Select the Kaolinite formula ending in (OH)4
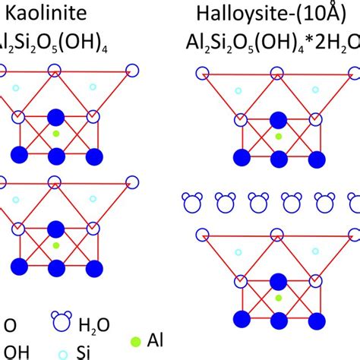[46, 41]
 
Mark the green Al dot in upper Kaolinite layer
[55, 134]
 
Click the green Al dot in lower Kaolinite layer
[55, 246]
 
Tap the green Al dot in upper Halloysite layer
[279, 136]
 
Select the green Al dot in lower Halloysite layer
[279, 298]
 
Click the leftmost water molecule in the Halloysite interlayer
[191, 202]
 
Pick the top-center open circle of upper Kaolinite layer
[55, 71]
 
